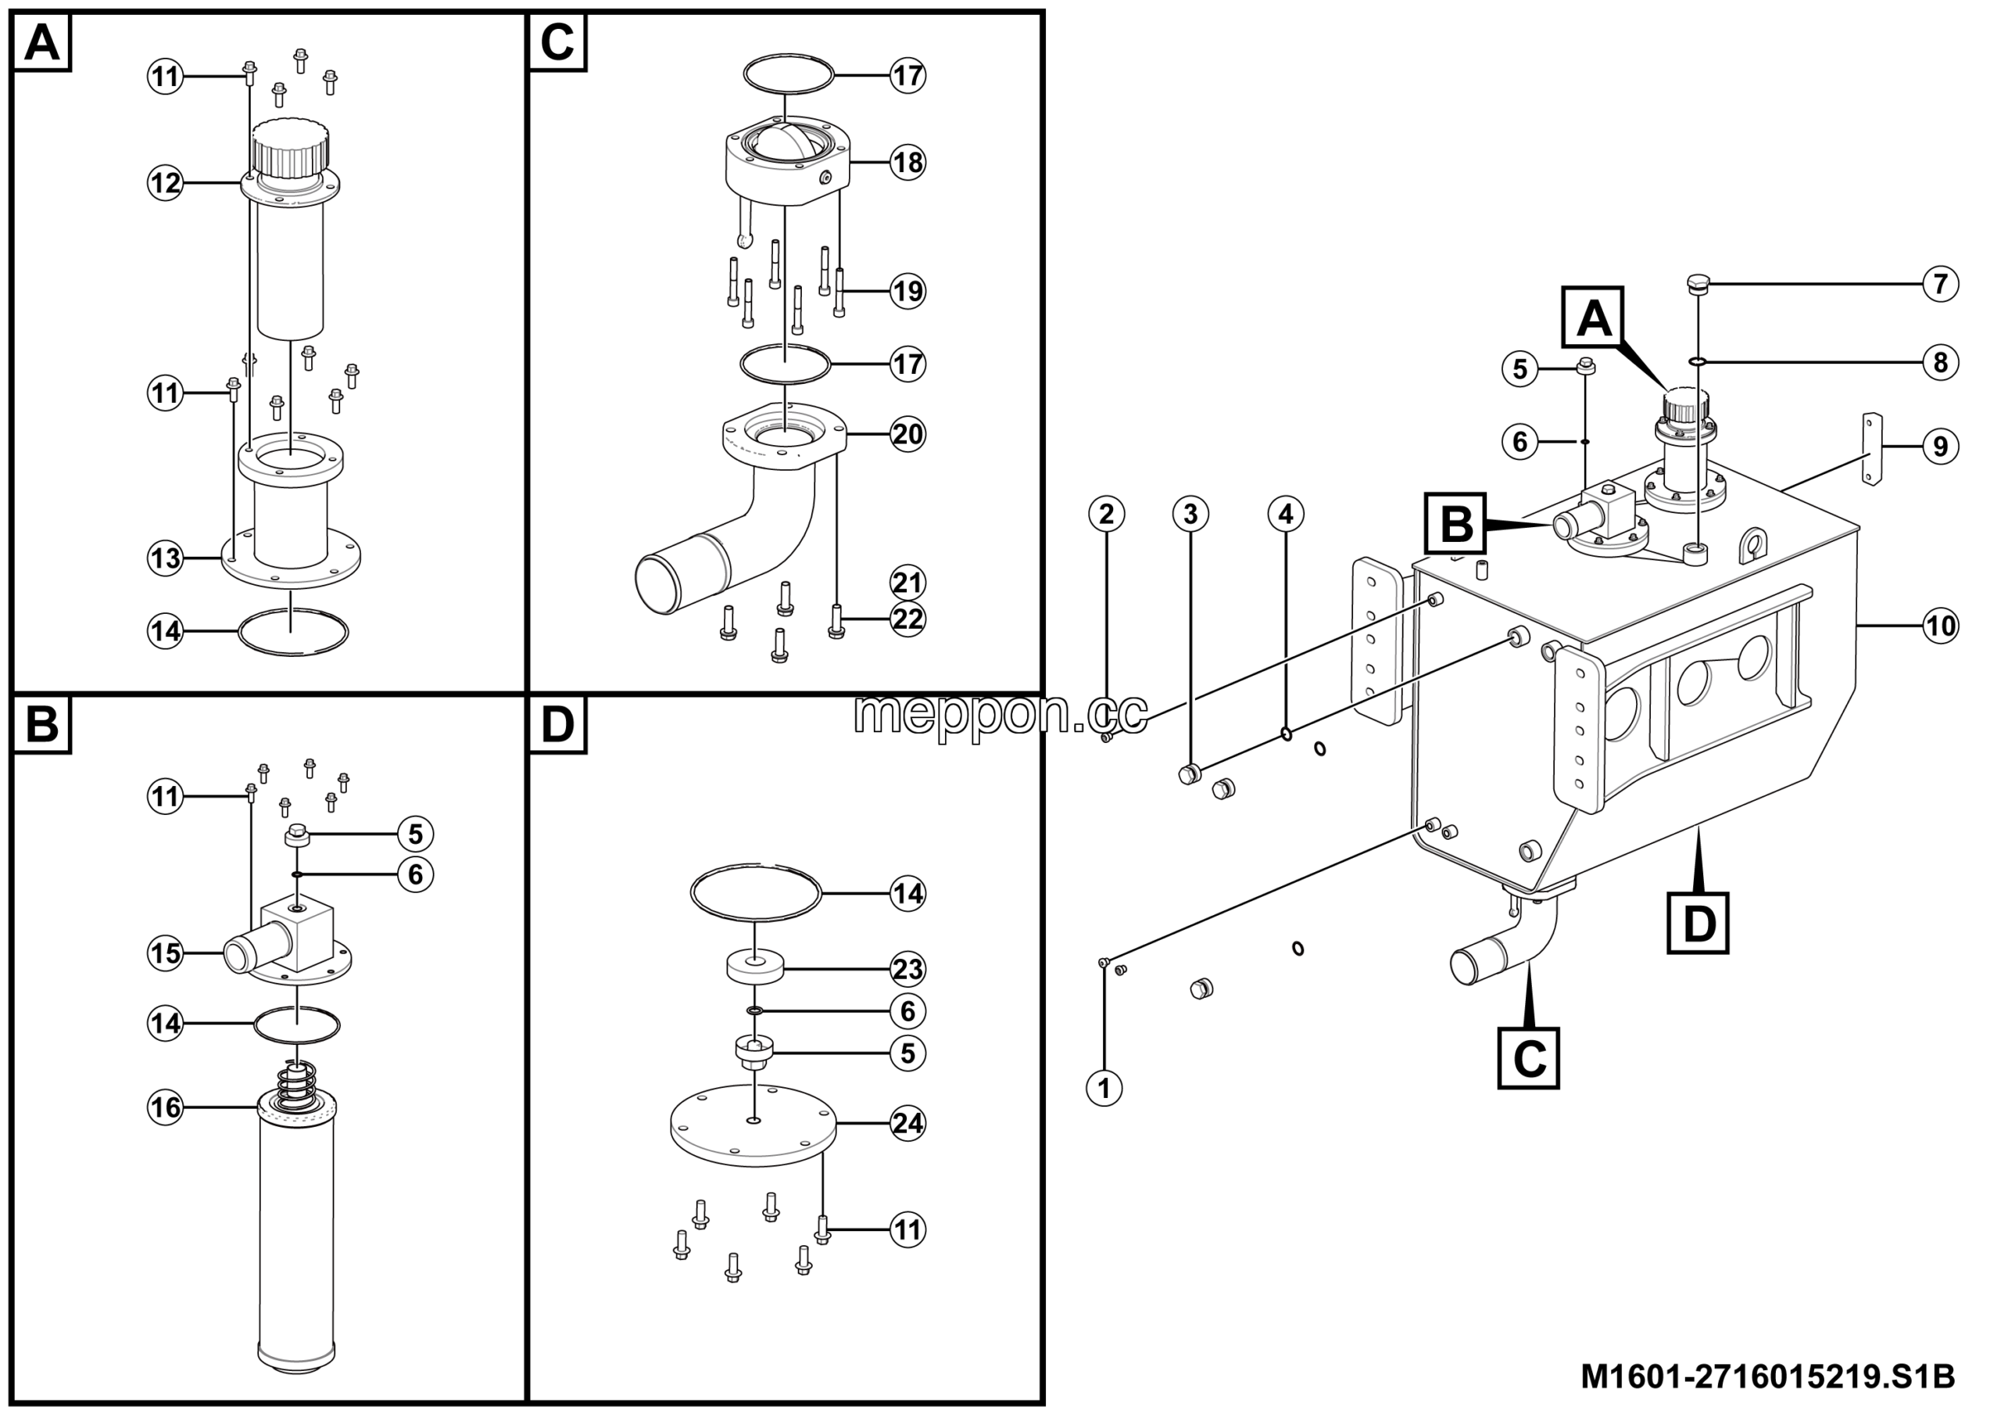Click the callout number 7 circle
coord(1941,284)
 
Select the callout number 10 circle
coord(1941,626)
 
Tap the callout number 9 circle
coord(1941,447)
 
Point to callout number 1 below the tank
coord(1105,1089)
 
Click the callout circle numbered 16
coord(165,1108)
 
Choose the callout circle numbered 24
coord(907,1124)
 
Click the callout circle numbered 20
coord(907,433)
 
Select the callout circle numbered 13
coord(165,558)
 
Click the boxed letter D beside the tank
coord(1699,922)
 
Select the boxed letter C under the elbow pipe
coord(1530,1059)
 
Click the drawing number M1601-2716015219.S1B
coord(1768,1377)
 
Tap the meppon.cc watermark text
coord(1000,714)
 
